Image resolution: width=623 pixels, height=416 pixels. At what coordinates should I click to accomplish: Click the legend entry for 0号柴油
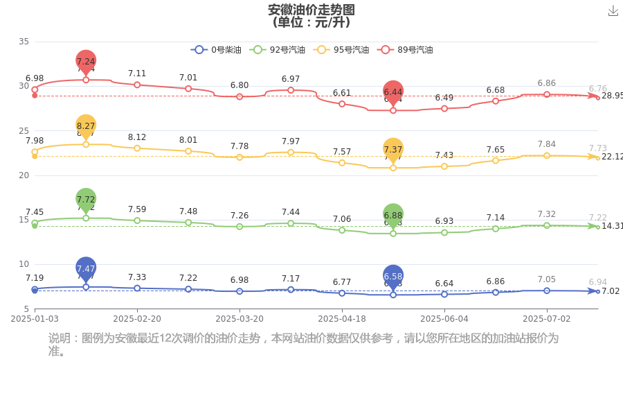click(216, 50)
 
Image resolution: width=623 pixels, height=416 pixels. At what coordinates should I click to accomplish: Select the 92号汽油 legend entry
click(278, 50)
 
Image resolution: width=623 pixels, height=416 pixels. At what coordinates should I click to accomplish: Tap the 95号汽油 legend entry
click(341, 50)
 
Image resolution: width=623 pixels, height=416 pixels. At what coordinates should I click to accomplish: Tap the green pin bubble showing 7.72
click(86, 199)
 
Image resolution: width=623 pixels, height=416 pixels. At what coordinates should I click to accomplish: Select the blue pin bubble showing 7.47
click(86, 268)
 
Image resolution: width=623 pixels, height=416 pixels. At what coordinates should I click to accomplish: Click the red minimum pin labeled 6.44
click(393, 92)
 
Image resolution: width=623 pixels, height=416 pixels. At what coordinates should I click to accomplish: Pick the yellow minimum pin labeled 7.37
click(393, 149)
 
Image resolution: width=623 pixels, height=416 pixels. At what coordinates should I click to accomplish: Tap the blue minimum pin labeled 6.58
click(393, 276)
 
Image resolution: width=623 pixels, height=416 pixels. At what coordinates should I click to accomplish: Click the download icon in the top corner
click(613, 11)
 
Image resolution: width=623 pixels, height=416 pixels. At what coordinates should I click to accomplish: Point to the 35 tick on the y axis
click(24, 42)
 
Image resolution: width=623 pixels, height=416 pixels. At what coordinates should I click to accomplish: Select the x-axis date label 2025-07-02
click(547, 318)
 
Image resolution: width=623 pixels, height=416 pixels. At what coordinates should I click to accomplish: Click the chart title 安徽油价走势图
click(311, 10)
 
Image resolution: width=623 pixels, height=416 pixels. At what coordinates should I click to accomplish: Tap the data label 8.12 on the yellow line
click(137, 137)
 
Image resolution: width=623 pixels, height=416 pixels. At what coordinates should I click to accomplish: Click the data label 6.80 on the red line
click(240, 85)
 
